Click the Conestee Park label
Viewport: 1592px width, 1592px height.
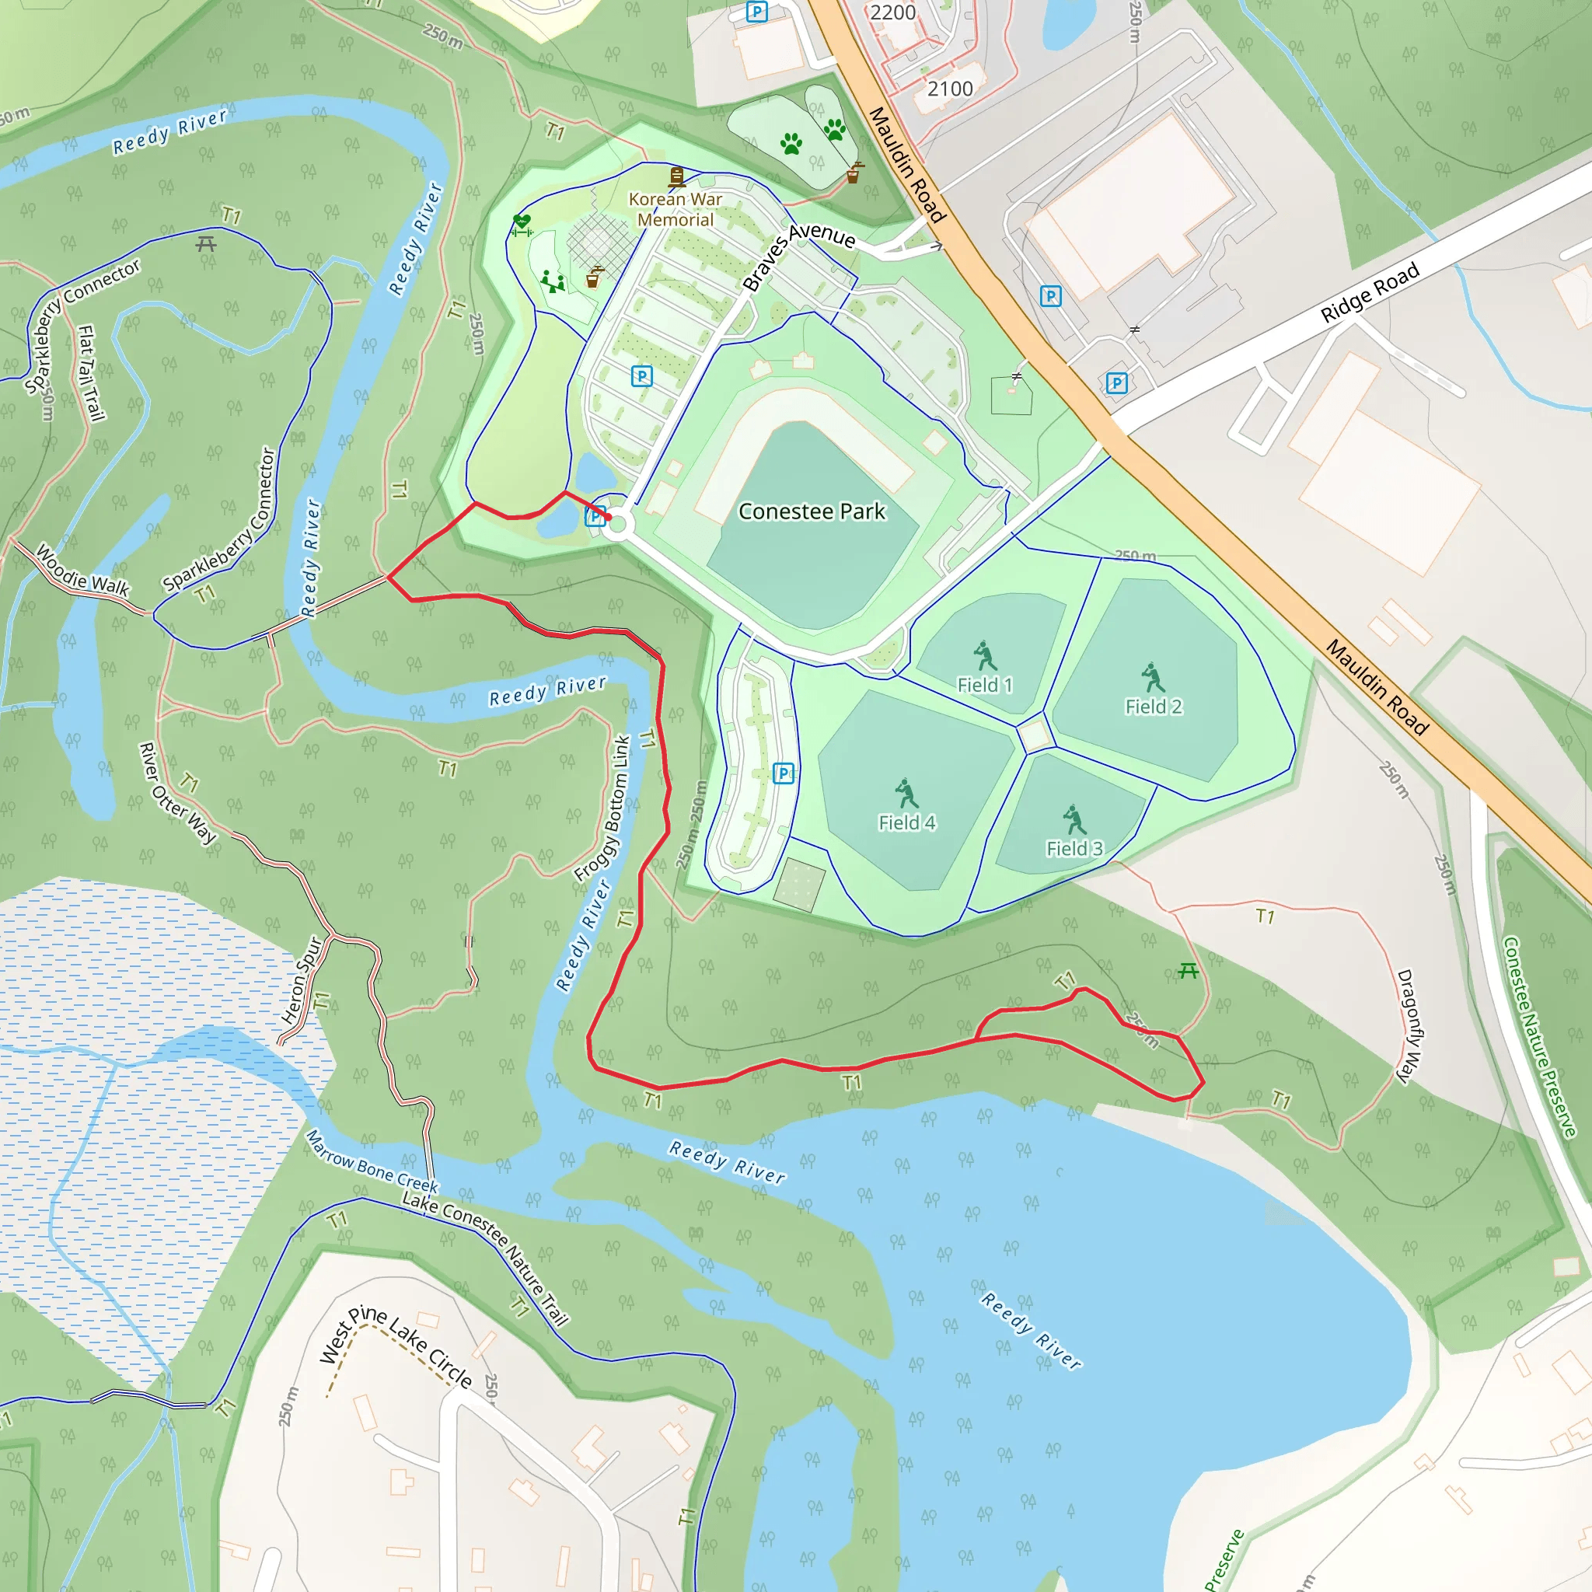click(x=811, y=511)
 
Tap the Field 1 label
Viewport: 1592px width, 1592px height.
click(x=984, y=685)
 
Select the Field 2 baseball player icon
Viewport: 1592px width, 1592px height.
click(x=1153, y=677)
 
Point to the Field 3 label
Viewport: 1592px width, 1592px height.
click(x=1074, y=848)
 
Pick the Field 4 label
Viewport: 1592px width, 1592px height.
click(x=906, y=822)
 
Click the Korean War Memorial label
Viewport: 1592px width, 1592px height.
click(x=675, y=209)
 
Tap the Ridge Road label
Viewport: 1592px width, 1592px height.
click(x=1370, y=292)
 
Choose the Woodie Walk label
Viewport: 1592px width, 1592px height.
click(x=83, y=571)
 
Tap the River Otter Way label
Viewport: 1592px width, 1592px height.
click(x=177, y=793)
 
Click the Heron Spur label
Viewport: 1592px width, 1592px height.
click(x=302, y=980)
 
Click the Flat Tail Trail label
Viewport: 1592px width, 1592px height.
click(x=91, y=372)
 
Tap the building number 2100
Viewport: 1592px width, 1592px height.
click(x=949, y=89)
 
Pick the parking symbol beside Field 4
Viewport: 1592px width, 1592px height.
click(x=784, y=773)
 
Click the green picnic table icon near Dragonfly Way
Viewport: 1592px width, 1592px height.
click(x=1188, y=972)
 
